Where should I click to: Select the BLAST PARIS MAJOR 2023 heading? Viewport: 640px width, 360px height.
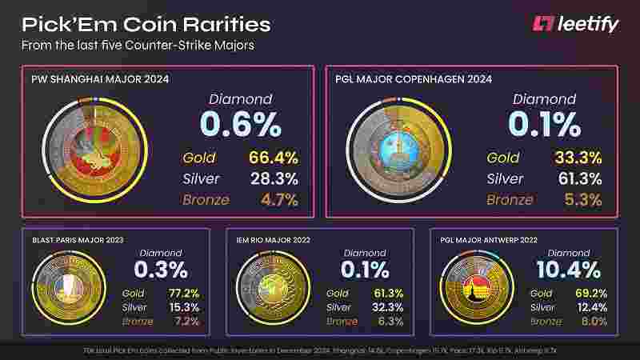[78, 240]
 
